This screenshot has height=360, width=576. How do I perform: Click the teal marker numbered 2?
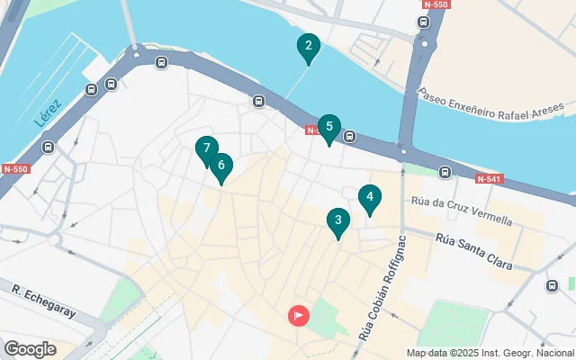tap(309, 47)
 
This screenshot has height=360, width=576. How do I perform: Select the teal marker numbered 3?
tap(337, 220)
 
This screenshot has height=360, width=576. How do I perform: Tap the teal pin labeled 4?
tap(369, 197)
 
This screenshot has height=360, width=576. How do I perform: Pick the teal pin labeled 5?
tap(329, 128)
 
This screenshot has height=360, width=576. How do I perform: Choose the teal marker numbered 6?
tap(220, 166)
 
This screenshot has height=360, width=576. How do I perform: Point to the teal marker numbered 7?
tap(207, 148)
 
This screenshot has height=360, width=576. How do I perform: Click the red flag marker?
tap(298, 316)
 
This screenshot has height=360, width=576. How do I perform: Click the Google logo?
tap(30, 348)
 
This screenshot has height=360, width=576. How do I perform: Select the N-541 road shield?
tap(488, 179)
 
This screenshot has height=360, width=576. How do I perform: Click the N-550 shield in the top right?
tap(436, 4)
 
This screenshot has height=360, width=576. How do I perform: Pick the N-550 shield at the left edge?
tap(14, 168)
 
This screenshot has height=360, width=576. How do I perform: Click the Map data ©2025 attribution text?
tap(490, 353)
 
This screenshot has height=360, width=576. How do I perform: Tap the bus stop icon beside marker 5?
tap(349, 137)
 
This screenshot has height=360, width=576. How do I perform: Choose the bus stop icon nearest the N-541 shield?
tap(445, 172)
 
